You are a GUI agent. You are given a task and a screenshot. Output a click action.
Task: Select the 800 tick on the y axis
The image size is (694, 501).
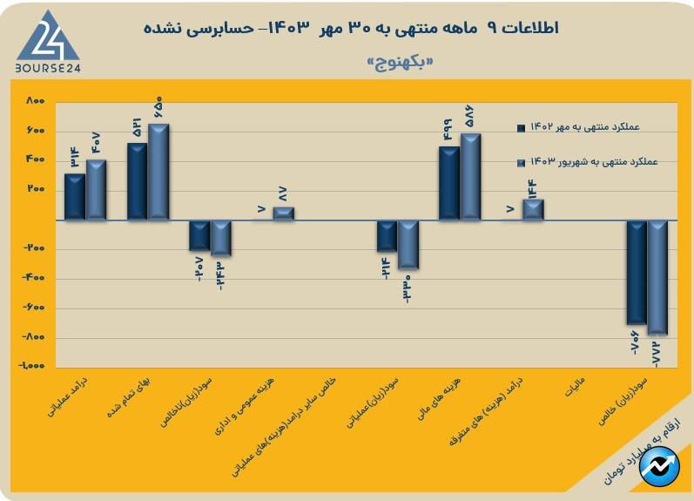click(35, 102)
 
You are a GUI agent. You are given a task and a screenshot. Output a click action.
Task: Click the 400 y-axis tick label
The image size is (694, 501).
click(35, 160)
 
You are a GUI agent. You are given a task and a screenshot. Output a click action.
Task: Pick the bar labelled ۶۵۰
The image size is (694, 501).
click(158, 172)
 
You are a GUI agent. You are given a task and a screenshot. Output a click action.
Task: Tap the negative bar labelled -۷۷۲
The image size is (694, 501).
click(657, 277)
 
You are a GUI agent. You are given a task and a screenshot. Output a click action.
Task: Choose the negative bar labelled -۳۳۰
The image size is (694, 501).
click(408, 245)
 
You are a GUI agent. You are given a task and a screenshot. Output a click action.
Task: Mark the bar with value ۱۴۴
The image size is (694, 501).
click(533, 210)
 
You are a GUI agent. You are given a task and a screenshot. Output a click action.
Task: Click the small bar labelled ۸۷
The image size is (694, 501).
click(283, 213)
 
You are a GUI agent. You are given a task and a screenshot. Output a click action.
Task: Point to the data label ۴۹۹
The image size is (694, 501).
click(449, 131)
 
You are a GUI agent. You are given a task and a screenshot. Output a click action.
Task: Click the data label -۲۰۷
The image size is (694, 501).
click(199, 267)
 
